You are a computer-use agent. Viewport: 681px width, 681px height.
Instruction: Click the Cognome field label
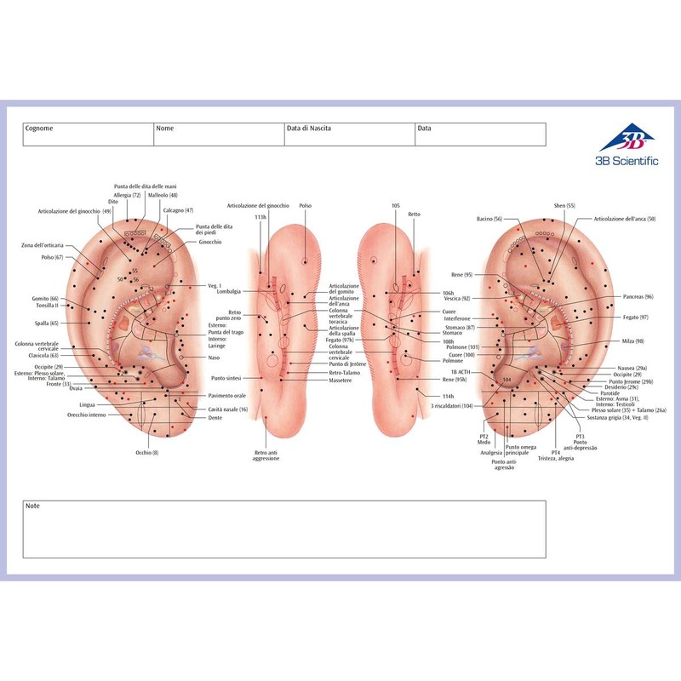[39, 129]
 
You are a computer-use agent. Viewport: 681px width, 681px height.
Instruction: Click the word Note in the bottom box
[33, 506]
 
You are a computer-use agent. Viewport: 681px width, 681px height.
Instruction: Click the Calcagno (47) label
[178, 210]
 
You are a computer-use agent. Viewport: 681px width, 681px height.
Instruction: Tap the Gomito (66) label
[43, 299]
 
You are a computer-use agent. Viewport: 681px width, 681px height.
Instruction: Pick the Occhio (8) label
[144, 452]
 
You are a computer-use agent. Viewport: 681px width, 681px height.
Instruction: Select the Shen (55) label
[564, 206]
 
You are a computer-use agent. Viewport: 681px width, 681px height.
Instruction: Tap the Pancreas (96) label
[638, 297]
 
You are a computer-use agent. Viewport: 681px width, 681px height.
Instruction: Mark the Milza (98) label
[633, 340]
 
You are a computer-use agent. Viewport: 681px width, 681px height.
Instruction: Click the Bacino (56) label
[489, 219]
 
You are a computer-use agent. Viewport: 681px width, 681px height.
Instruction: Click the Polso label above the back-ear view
[306, 206]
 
